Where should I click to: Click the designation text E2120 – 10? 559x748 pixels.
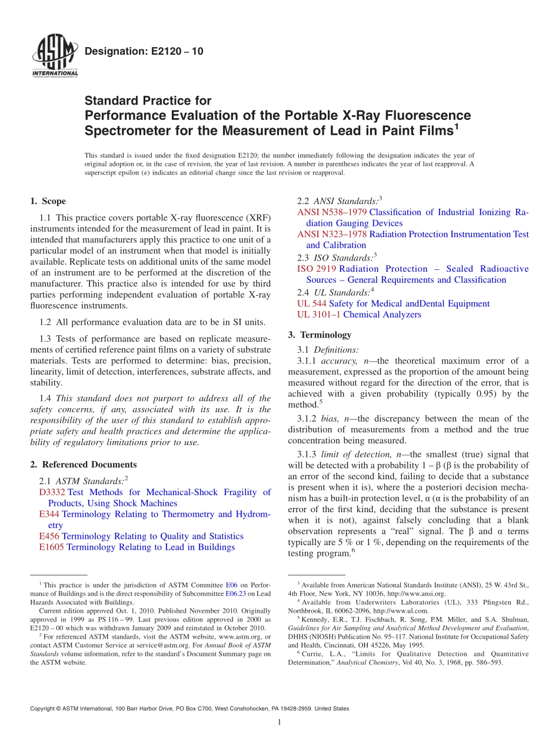click(x=144, y=51)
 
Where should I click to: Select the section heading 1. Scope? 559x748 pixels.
click(x=48, y=201)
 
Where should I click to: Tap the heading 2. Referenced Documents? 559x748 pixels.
click(x=83, y=465)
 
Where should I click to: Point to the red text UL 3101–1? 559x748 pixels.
click(x=319, y=315)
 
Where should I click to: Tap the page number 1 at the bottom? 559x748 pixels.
click(x=279, y=723)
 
